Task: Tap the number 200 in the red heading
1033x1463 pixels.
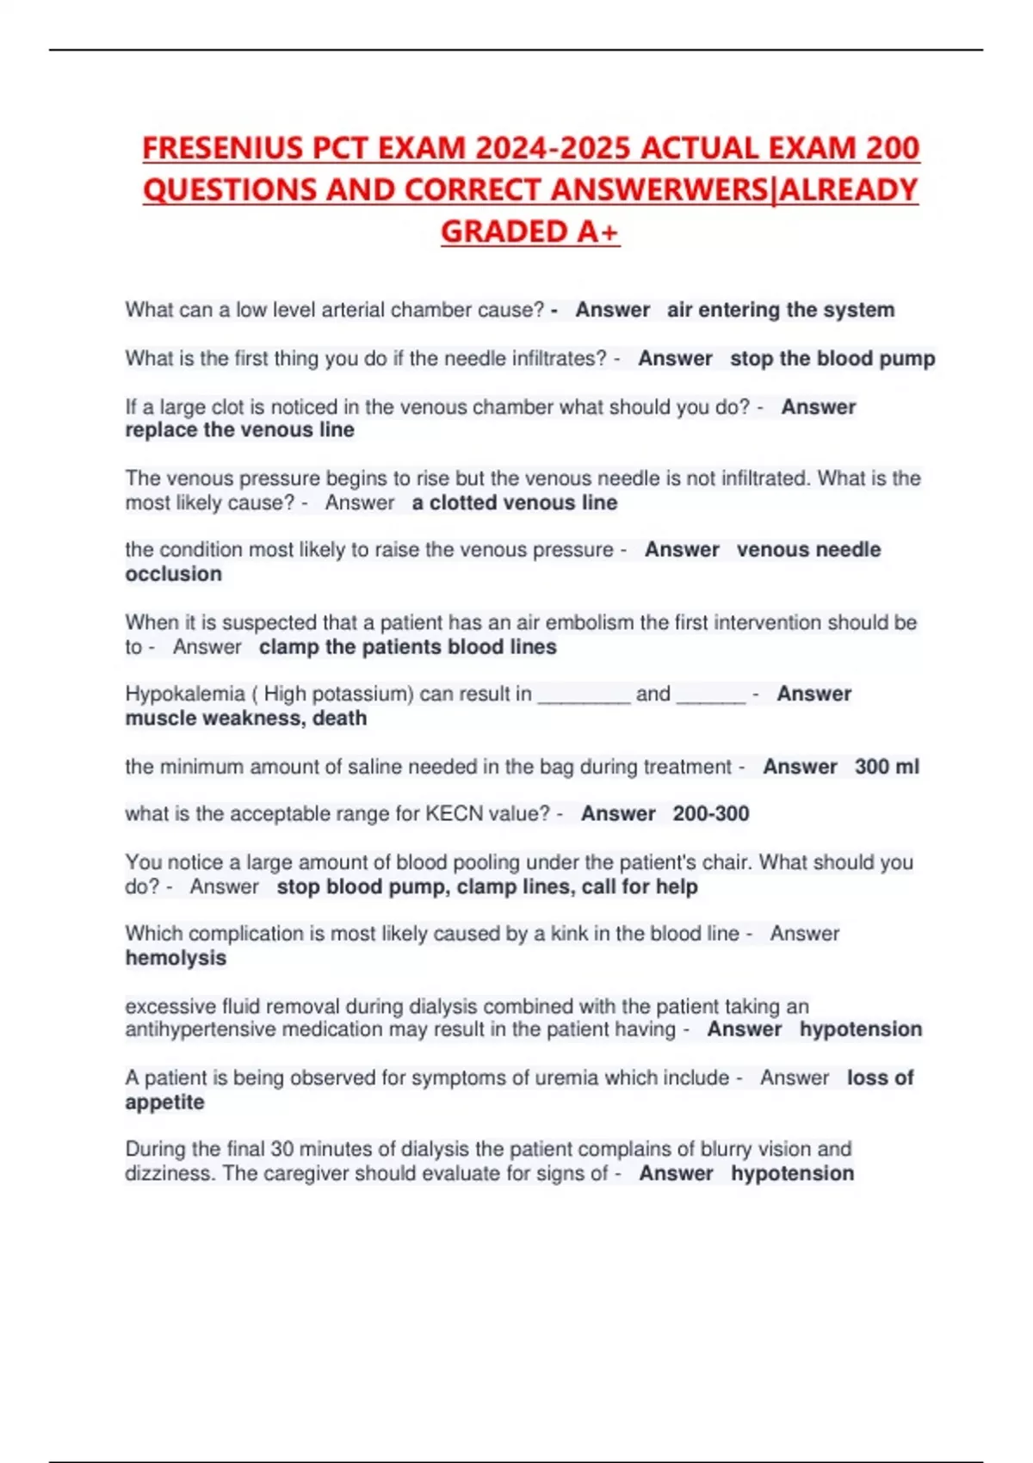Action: (893, 148)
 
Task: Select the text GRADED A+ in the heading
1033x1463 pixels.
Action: (529, 231)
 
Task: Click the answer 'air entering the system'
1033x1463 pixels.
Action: (780, 310)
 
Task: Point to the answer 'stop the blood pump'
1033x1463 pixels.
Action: (832, 358)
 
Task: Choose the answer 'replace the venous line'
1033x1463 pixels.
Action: (239, 430)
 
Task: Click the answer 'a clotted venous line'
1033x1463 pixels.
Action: (514, 503)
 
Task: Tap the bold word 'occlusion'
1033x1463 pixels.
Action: (173, 574)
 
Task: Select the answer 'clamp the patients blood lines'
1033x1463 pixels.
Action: (407, 647)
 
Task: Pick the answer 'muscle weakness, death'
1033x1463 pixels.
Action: (245, 719)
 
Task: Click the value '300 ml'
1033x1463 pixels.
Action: (886, 767)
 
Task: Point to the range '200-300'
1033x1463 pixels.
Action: (710, 814)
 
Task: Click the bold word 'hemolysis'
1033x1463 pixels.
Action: (176, 958)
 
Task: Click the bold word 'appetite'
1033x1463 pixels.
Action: (164, 1102)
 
